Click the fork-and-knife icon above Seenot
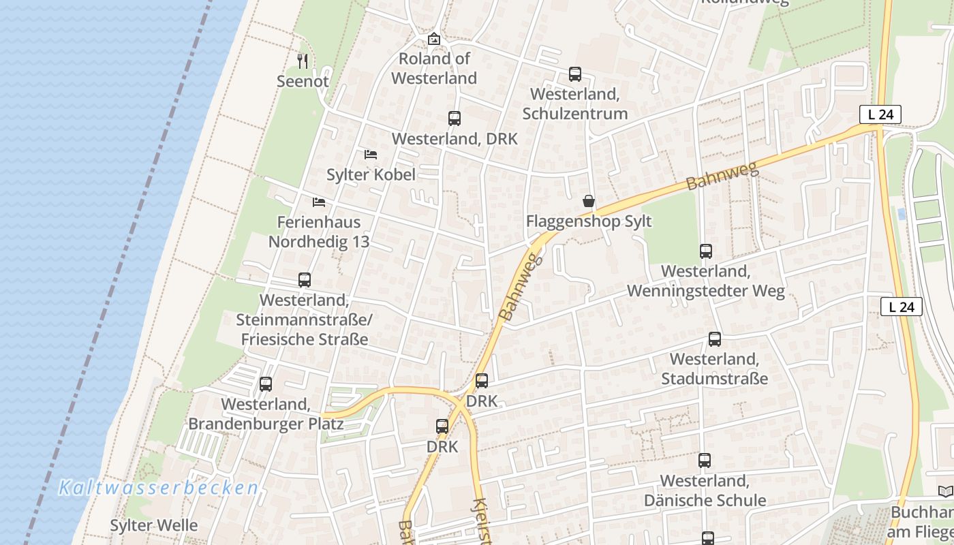303,61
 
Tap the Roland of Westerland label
434,68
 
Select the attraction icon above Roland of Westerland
434,39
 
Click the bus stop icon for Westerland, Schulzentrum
575,74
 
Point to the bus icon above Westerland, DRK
455,119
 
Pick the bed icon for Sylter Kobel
371,155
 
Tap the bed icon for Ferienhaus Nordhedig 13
318,202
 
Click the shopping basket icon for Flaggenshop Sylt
589,201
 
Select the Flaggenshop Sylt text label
589,221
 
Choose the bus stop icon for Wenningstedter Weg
706,251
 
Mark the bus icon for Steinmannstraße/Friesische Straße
305,280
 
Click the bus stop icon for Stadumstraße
715,339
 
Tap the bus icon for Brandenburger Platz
266,384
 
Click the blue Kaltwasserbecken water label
158,488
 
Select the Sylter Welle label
154,525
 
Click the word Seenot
303,81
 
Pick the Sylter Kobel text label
371,174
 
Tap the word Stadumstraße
714,379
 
